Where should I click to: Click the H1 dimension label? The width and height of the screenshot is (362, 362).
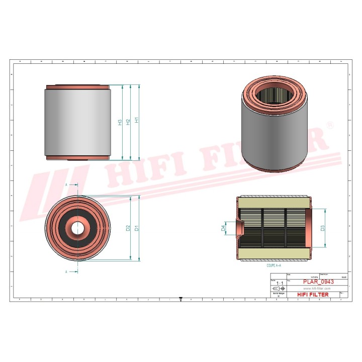(x=136, y=121)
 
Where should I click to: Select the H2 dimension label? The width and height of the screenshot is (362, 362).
(x=128, y=122)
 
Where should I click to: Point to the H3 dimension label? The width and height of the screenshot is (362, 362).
(x=120, y=122)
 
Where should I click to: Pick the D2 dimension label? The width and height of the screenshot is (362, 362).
(x=128, y=228)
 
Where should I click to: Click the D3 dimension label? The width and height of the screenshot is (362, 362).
(x=322, y=228)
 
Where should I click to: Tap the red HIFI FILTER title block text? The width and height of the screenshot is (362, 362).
(x=313, y=295)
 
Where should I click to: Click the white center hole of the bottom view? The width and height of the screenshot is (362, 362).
(x=77, y=228)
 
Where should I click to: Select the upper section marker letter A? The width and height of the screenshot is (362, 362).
(x=67, y=185)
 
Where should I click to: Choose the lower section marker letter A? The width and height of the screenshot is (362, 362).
(x=67, y=271)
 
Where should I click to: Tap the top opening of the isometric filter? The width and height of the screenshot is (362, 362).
(x=274, y=95)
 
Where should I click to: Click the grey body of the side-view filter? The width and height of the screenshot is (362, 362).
(x=77, y=122)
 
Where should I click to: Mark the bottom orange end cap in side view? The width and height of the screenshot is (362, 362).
(x=77, y=157)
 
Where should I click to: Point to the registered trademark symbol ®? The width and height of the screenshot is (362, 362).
(x=329, y=124)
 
